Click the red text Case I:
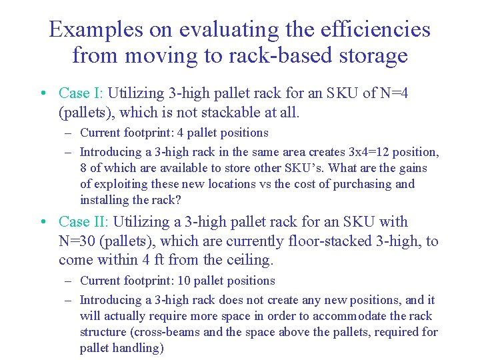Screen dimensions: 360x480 coord(81,93)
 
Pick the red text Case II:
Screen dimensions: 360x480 coord(85,222)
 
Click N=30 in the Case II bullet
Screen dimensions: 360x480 coord(79,241)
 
